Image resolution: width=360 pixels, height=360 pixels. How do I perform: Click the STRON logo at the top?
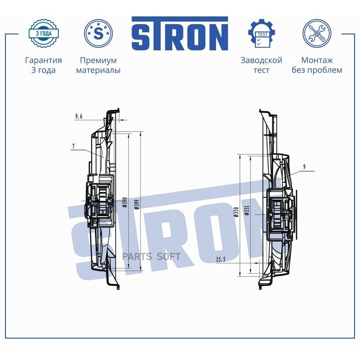tap(180, 34)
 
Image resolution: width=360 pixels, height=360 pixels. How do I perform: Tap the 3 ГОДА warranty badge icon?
tap(44, 33)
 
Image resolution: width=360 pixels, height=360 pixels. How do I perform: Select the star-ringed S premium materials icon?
tap(98, 33)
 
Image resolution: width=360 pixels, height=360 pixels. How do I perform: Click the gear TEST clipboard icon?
tap(261, 33)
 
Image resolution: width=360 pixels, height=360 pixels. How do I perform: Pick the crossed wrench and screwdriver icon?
tap(317, 33)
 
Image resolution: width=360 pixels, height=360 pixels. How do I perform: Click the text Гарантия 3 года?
tap(43, 65)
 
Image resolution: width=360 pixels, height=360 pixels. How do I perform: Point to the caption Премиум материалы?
tap(98, 65)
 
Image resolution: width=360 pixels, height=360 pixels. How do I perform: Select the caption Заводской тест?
tap(261, 65)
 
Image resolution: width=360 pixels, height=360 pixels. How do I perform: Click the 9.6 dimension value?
tap(79, 116)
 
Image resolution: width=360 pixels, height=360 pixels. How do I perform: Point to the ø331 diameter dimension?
tap(247, 210)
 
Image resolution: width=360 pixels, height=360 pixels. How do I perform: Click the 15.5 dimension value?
tap(221, 259)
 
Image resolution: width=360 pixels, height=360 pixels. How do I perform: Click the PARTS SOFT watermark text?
tap(152, 257)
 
